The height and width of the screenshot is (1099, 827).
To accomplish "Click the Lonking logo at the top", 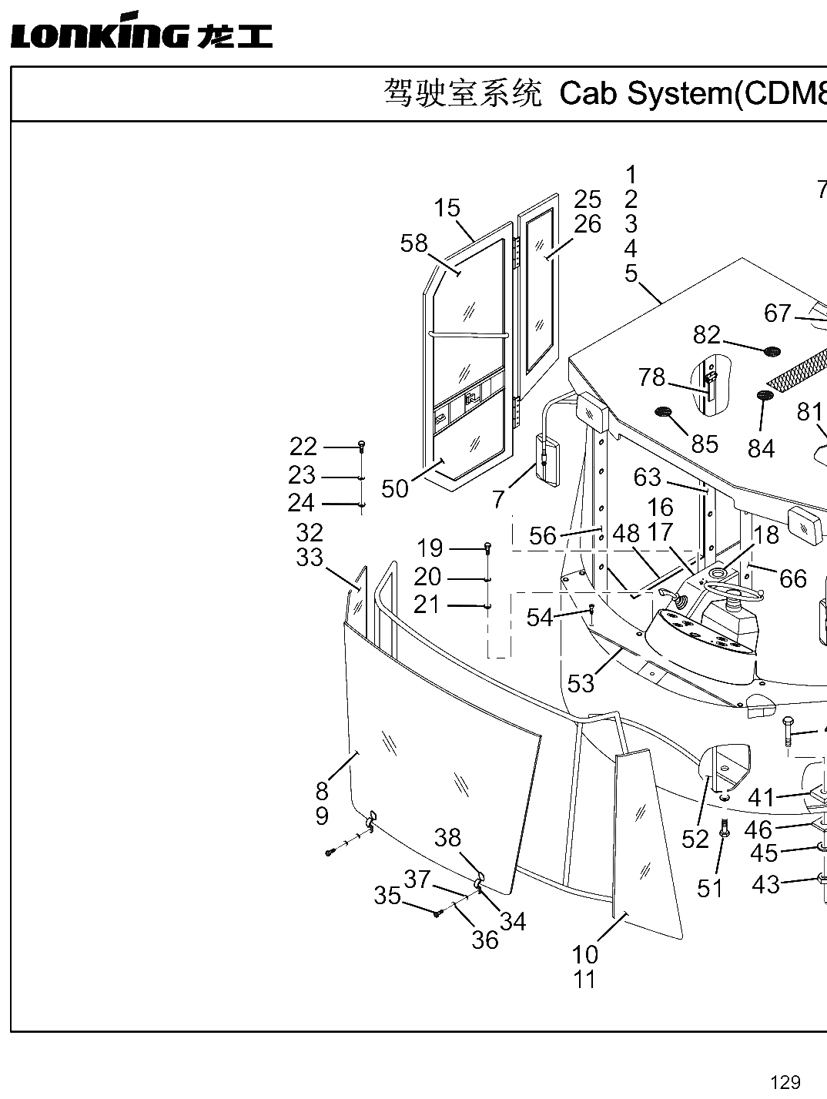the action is pyautogui.click(x=142, y=31).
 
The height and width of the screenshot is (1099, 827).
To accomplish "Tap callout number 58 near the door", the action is pyautogui.click(x=414, y=244).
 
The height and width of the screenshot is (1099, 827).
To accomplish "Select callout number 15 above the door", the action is pyautogui.click(x=447, y=208).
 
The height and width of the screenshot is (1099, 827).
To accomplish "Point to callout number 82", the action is pyautogui.click(x=706, y=334).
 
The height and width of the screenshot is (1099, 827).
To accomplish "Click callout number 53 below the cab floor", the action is pyautogui.click(x=581, y=683).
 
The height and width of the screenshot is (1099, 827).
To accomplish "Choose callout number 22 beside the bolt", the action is pyautogui.click(x=303, y=446).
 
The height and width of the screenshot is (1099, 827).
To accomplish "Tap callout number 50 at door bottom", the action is pyautogui.click(x=395, y=488).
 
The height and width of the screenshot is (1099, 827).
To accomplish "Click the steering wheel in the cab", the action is pyautogui.click(x=735, y=590).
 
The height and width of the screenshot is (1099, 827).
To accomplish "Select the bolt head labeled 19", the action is pyautogui.click(x=489, y=546).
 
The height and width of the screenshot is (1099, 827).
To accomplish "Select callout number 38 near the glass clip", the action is pyautogui.click(x=447, y=837).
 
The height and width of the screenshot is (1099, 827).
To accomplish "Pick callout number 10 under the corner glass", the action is pyautogui.click(x=584, y=955).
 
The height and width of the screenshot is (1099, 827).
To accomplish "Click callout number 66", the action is pyautogui.click(x=793, y=579).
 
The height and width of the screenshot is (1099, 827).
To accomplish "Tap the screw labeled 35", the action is pyautogui.click(x=437, y=913).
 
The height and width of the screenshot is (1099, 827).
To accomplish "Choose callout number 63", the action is pyautogui.click(x=648, y=477).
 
